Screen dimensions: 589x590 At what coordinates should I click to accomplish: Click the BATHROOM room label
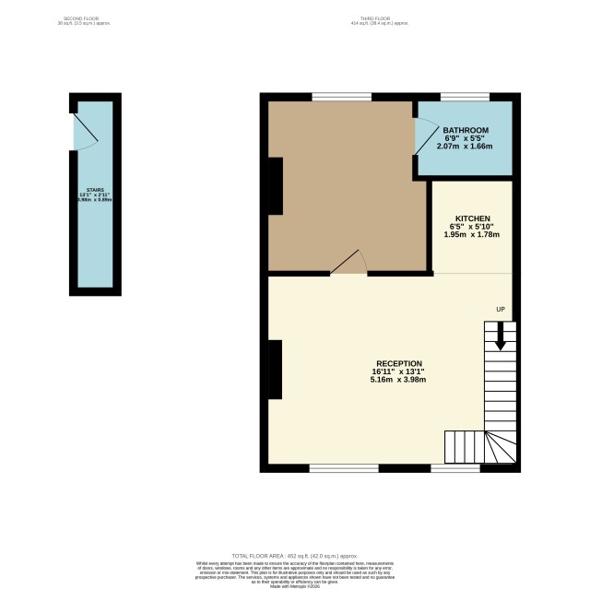click(x=465, y=130)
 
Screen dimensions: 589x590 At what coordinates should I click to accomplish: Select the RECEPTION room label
click(x=399, y=363)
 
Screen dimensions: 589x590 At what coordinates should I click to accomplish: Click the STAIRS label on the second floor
click(x=94, y=190)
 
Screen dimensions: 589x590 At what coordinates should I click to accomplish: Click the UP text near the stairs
click(x=501, y=308)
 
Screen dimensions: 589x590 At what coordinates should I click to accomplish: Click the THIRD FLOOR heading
click(x=373, y=18)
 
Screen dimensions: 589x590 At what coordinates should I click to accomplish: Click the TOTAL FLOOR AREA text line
click(x=294, y=557)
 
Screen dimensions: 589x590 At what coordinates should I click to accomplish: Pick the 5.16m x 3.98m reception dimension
click(x=399, y=380)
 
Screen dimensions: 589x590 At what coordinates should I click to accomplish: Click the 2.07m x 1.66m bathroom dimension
click(x=465, y=146)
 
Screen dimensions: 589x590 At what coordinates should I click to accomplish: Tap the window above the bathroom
click(x=464, y=97)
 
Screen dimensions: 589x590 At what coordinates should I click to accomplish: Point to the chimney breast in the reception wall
click(x=275, y=369)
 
